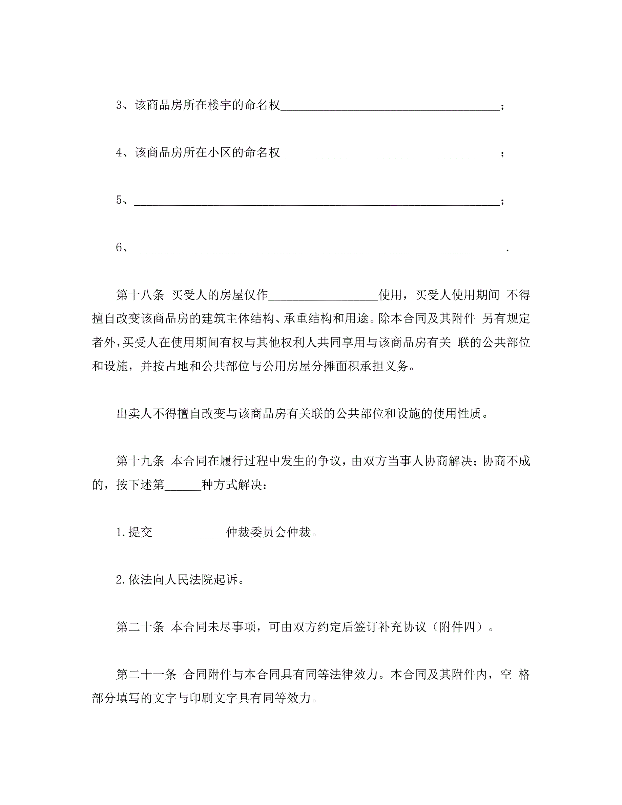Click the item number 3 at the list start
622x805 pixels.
click(119, 105)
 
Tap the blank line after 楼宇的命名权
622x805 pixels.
click(390, 107)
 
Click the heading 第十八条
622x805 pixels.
click(140, 295)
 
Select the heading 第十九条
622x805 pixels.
click(140, 461)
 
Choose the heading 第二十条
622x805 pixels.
click(140, 627)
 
